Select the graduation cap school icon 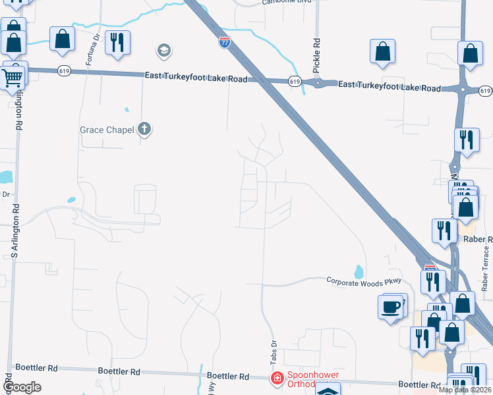pyautogui.click(x=163, y=50)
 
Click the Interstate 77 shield pyautogui.click(x=225, y=43)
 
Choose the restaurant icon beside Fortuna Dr pyautogui.click(x=117, y=42)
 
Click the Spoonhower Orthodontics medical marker pyautogui.click(x=277, y=378)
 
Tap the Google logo pyautogui.click(x=22, y=387)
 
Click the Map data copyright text pyautogui.click(x=464, y=390)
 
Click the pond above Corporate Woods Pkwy pyautogui.click(x=359, y=271)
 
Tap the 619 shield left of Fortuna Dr pyautogui.click(x=64, y=70)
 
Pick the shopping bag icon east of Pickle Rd pyautogui.click(x=382, y=51)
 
